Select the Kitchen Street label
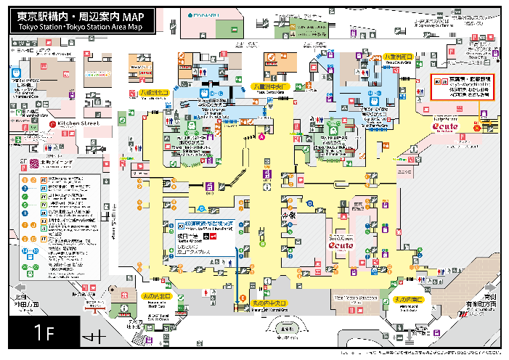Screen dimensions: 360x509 pos(78,124)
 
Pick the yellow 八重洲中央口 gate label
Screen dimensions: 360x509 pos(270,86)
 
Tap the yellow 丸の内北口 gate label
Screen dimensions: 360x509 pos(155,296)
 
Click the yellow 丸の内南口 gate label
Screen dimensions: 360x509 pos(409,299)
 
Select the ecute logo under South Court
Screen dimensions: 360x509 pos(340,246)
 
